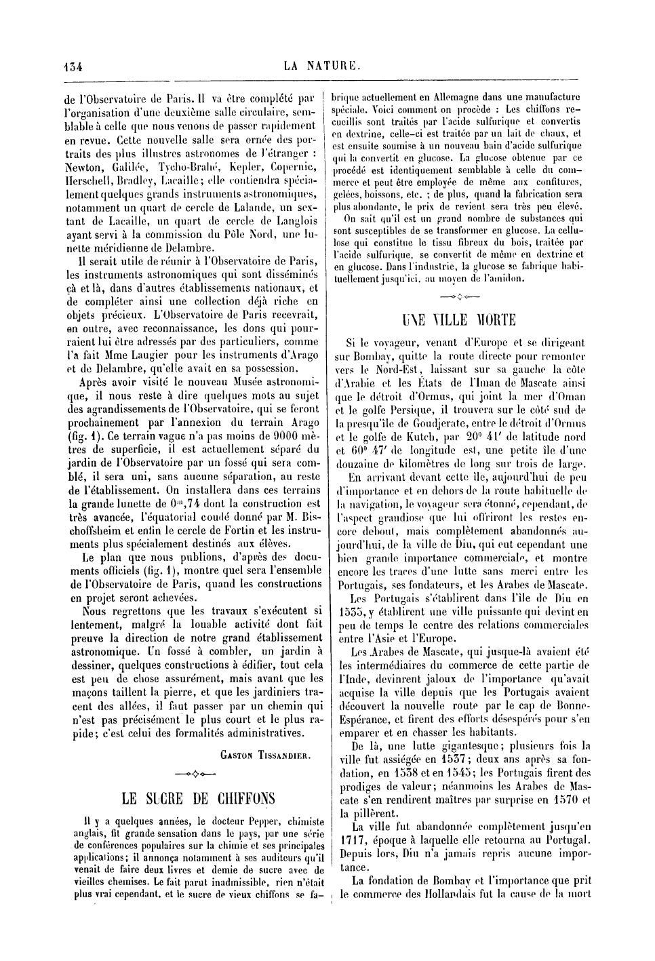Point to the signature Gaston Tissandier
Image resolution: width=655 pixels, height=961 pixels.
265,755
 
